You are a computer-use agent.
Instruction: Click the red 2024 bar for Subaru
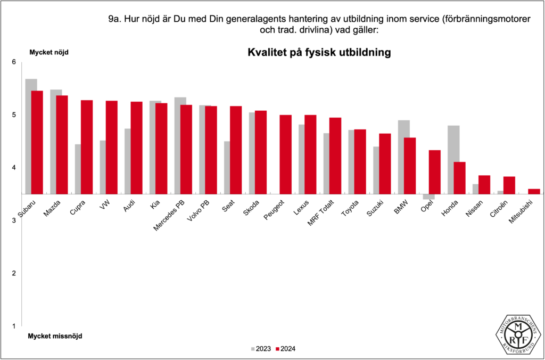[x=37, y=142]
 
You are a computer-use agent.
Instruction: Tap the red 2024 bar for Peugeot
[x=285, y=154]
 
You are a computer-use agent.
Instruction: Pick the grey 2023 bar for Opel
[x=428, y=197]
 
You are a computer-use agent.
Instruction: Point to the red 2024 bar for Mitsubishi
[x=534, y=191]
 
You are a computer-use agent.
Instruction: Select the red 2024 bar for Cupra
[x=87, y=147]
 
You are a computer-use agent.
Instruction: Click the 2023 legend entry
[x=260, y=349]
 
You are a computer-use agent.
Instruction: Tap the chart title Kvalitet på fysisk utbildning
[x=319, y=53]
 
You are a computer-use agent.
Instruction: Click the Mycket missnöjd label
[x=55, y=336]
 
